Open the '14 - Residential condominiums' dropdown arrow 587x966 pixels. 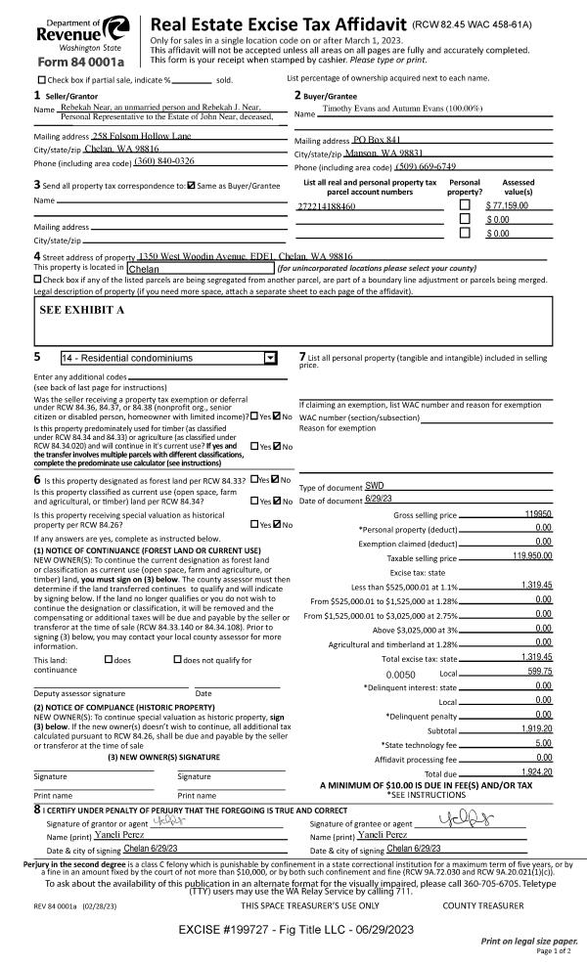[x=270, y=359]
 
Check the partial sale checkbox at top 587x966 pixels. [x=41, y=79]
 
